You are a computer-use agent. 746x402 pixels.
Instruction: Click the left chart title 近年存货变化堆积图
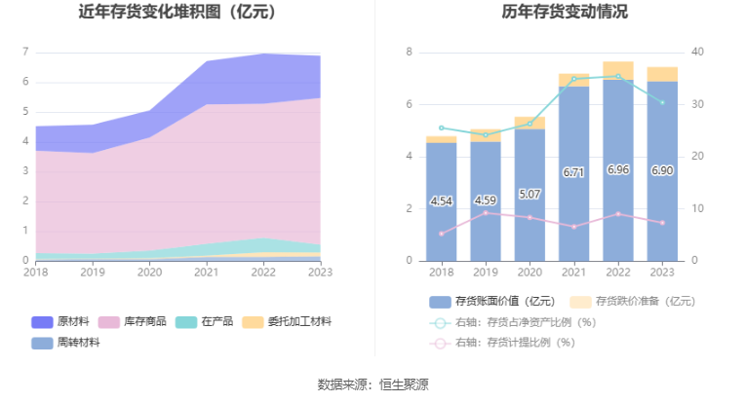(x=177, y=13)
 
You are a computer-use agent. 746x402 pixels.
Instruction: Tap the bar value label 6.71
(x=573, y=172)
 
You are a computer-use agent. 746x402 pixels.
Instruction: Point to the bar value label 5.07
(x=530, y=195)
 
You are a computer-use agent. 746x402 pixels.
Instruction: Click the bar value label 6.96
(x=617, y=169)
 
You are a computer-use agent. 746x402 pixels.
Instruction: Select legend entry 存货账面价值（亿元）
(x=492, y=302)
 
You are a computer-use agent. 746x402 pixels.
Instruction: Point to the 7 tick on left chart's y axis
(x=25, y=52)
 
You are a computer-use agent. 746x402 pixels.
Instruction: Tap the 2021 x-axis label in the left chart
(x=206, y=274)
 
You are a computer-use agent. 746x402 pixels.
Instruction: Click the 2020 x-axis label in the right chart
(x=530, y=274)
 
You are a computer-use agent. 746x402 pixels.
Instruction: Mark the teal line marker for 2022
(x=617, y=76)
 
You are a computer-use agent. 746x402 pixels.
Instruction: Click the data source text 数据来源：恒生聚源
(x=373, y=384)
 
